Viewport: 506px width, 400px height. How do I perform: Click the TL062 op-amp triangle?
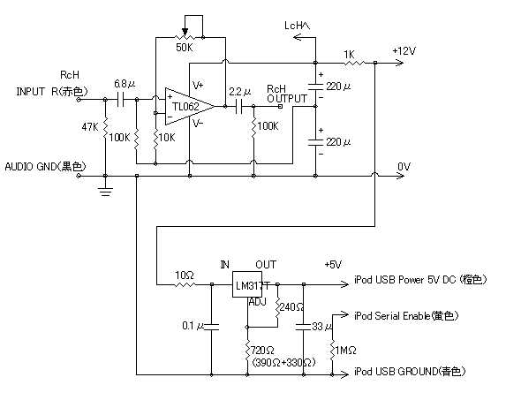pyautogui.click(x=190, y=107)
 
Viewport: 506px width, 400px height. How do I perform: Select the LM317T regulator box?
pyautogui.click(x=247, y=284)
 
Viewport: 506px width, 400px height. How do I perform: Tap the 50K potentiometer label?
pyautogui.click(x=185, y=48)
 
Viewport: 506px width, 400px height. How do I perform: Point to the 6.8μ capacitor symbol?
pyautogui.click(x=120, y=100)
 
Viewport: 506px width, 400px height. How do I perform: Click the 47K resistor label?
pyautogui.click(x=90, y=127)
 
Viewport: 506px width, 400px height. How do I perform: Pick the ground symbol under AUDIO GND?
pyautogui.click(x=105, y=192)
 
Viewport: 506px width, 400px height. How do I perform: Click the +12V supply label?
pyautogui.click(x=404, y=51)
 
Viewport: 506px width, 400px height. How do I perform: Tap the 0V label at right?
pyautogui.click(x=404, y=167)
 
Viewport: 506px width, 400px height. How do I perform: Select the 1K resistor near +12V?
pyautogui.click(x=354, y=63)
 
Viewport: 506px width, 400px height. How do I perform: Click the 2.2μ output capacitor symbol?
pyautogui.click(x=239, y=107)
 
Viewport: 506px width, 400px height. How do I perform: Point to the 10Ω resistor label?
pyautogui.click(x=185, y=275)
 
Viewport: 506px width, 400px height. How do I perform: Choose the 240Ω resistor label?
pyautogui.click(x=291, y=306)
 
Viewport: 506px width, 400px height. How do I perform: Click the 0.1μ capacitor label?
pyautogui.click(x=193, y=326)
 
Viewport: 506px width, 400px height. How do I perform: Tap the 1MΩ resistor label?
pyautogui.click(x=345, y=351)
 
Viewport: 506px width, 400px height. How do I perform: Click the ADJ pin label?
pyautogui.click(x=258, y=302)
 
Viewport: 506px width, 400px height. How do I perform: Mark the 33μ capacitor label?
pyautogui.click(x=322, y=327)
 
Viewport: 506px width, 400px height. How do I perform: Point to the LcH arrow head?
pyautogui.click(x=297, y=38)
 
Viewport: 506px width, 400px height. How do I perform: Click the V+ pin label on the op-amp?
pyautogui.click(x=198, y=85)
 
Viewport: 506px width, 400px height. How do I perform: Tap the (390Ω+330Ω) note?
pyautogui.click(x=283, y=363)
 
